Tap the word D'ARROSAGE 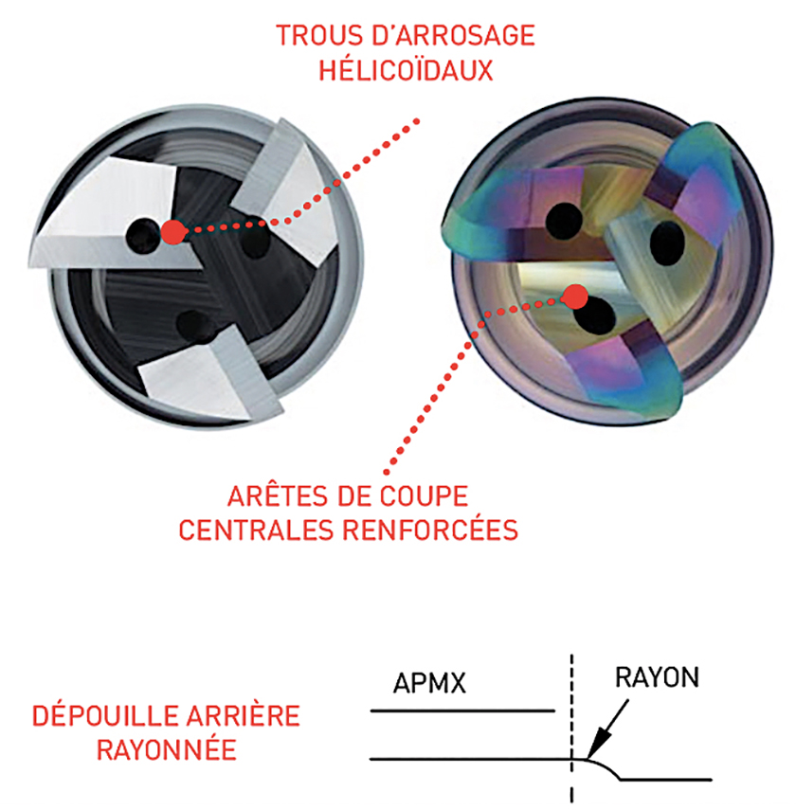coord(453,36)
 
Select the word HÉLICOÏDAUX coord(406,70)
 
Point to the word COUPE coord(425,496)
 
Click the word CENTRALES coord(255,530)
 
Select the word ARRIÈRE coord(243,716)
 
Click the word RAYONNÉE coord(167,749)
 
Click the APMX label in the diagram coord(429,683)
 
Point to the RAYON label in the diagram coord(657,677)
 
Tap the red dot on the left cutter coord(173,232)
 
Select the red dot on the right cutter coord(575,297)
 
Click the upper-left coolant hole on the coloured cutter coord(564,221)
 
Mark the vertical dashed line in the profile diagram coord(571,729)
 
